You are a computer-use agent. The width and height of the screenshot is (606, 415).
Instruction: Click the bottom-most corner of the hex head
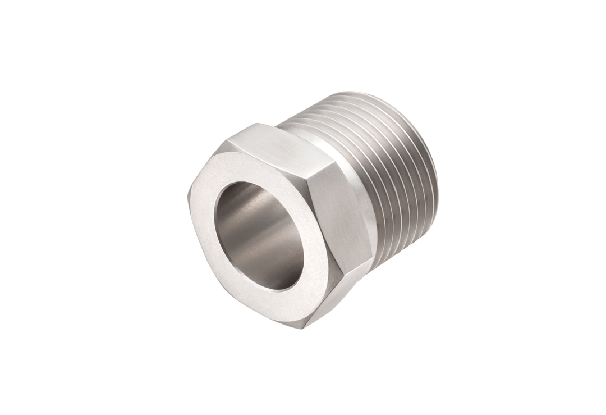(304, 327)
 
